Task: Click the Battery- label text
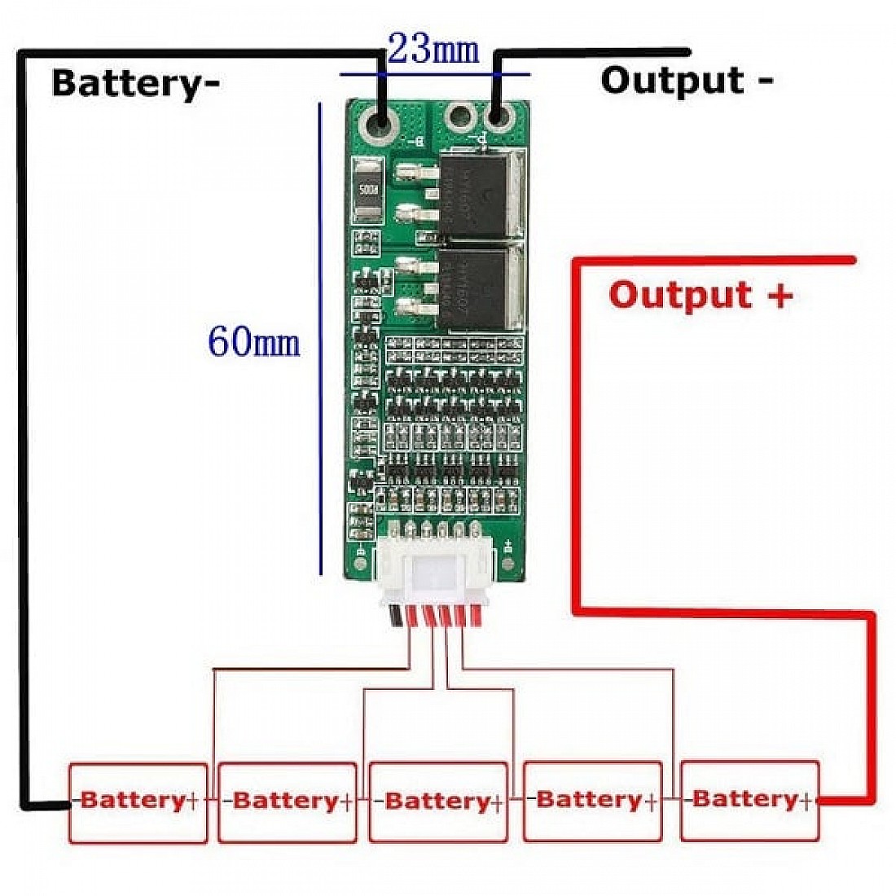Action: pyautogui.click(x=135, y=83)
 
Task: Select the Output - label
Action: pyautogui.click(x=687, y=81)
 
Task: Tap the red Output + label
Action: pyautogui.click(x=701, y=295)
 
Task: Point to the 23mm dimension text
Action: pyautogui.click(x=433, y=49)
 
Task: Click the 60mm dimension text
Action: pyautogui.click(x=253, y=341)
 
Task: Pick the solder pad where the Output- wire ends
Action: pyautogui.click(x=496, y=118)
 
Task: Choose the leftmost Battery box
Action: pyautogui.click(x=137, y=802)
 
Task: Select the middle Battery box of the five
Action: pyautogui.click(x=438, y=802)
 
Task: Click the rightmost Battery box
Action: pyautogui.click(x=749, y=801)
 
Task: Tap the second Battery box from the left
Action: pyautogui.click(x=288, y=802)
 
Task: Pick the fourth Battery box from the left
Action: pyautogui.click(x=592, y=802)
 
